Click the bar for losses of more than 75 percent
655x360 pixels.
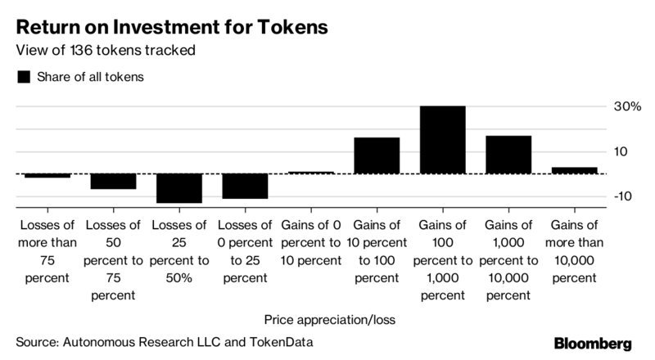click(x=47, y=175)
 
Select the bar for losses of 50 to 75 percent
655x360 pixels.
click(x=113, y=181)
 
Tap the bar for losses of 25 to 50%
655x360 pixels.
click(x=179, y=188)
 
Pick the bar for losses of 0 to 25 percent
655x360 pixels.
click(x=245, y=186)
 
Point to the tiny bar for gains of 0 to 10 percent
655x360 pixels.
click(x=311, y=172)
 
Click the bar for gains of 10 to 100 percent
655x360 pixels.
click(x=377, y=155)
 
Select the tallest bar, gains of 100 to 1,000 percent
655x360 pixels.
click(x=443, y=140)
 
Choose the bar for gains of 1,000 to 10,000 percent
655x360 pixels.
click(x=508, y=155)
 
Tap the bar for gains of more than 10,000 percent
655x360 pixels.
click(x=574, y=170)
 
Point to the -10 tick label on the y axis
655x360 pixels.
click(x=625, y=196)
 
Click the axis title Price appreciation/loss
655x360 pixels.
click(x=330, y=319)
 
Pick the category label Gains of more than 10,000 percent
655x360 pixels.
click(x=574, y=251)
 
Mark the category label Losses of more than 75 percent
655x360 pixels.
click(x=47, y=251)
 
